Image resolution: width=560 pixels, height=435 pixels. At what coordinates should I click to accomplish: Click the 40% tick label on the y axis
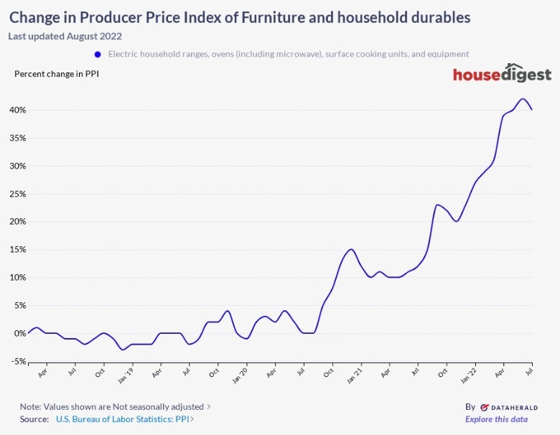17,110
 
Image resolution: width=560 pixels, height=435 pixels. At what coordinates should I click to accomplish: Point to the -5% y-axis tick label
17,361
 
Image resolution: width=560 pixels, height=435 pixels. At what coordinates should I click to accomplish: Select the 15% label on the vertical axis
17,250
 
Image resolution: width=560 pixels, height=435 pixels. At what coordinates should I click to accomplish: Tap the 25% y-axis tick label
17,194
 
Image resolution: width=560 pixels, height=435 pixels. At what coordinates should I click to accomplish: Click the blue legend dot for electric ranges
96,54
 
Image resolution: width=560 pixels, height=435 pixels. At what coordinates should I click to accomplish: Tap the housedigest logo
502,75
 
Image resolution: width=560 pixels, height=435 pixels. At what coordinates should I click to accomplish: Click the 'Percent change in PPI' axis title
57,73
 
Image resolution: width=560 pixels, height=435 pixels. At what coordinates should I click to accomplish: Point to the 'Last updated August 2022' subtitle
65,36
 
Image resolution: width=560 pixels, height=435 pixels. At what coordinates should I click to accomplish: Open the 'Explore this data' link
496,419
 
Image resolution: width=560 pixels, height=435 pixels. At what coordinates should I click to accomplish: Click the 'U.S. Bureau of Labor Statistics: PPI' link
123,419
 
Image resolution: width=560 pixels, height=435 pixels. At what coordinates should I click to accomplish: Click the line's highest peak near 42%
523,99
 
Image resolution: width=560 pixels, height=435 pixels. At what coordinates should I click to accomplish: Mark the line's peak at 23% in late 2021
437,205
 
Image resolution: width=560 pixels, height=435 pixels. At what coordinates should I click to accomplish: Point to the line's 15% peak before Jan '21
351,249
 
